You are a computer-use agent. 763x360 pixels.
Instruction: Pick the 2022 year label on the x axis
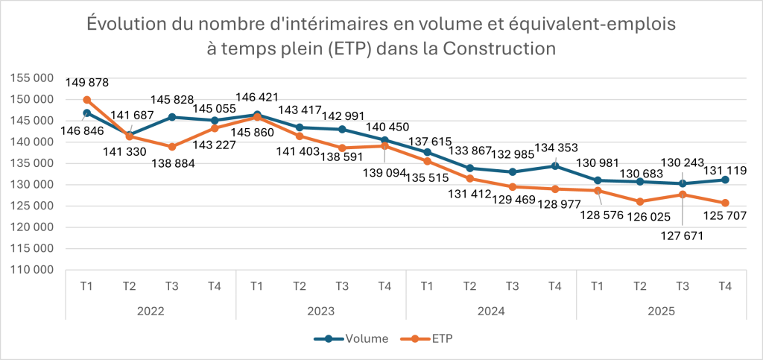(x=151, y=311)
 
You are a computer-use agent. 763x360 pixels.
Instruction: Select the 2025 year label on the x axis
(x=661, y=311)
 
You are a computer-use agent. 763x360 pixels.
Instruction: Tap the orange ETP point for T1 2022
(x=86, y=100)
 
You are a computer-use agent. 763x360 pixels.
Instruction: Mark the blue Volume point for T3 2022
(x=172, y=117)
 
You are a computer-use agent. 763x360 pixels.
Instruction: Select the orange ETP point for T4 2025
(x=725, y=203)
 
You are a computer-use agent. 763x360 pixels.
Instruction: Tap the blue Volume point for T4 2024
(x=554, y=165)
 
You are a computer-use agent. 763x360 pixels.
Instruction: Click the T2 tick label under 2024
(x=469, y=285)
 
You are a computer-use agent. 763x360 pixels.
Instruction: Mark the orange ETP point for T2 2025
(x=640, y=201)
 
